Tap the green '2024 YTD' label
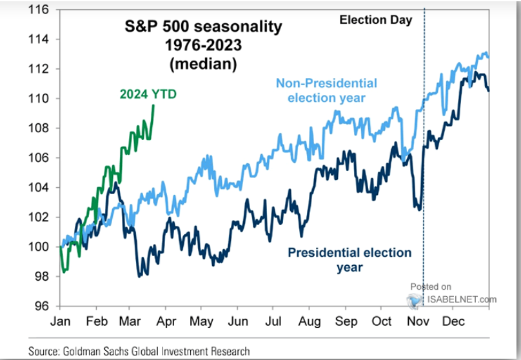pyautogui.click(x=148, y=94)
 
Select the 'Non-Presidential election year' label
pyautogui.click(x=326, y=90)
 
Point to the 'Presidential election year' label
pyautogui.click(x=349, y=259)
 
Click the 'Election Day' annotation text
pyautogui.click(x=376, y=19)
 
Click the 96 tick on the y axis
pyautogui.click(x=42, y=306)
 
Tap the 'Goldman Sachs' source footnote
pyautogui.click(x=139, y=351)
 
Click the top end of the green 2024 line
pyautogui.click(x=153, y=106)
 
